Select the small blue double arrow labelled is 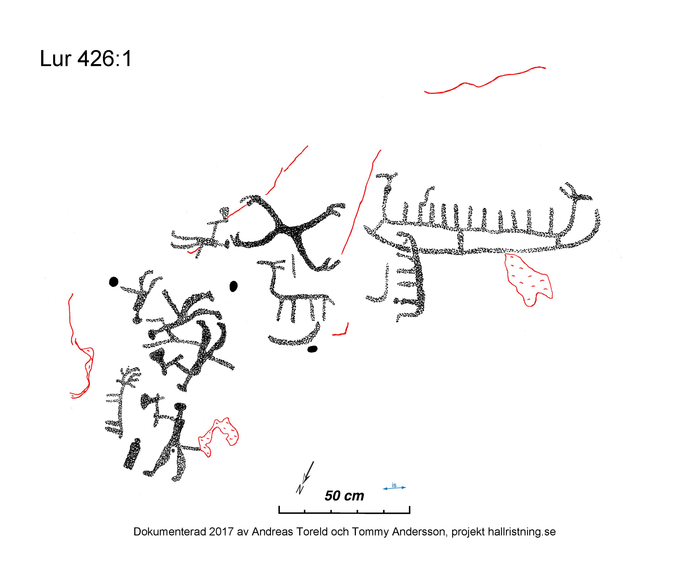394,487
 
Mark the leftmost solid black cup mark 113,281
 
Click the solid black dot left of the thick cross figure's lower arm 233,286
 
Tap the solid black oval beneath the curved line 313,349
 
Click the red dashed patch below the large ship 527,279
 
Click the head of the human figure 180,407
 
